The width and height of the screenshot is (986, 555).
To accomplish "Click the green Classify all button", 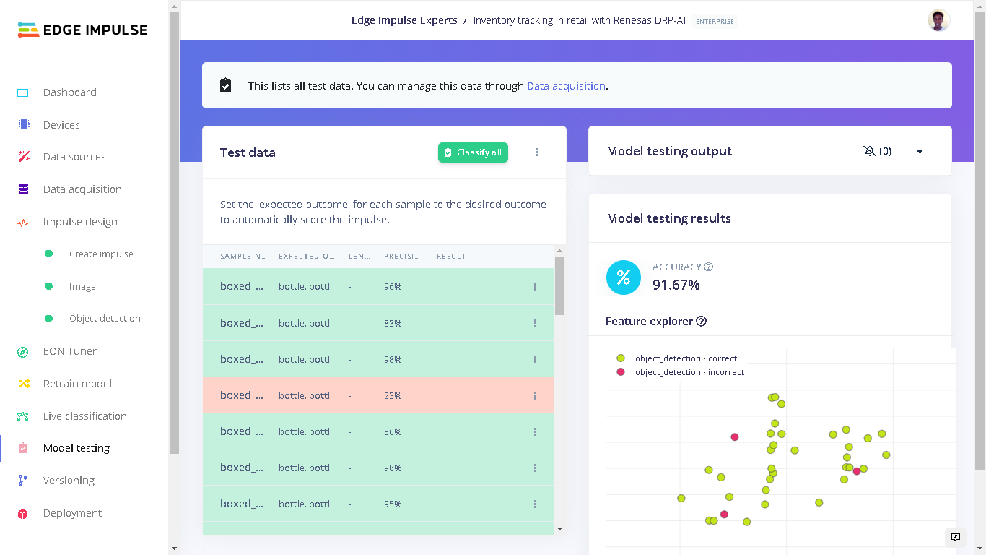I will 473,152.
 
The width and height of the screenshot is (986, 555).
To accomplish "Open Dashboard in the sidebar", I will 69,92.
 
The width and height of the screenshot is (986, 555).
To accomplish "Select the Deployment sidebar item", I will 72,513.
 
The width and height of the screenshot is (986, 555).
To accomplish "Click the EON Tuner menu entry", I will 69,351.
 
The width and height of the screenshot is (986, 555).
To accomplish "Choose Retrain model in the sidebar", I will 77,384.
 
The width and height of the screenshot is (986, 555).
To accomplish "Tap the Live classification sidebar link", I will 84,416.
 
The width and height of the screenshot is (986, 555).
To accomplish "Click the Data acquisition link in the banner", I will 566,86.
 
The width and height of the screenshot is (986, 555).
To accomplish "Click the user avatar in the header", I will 938,20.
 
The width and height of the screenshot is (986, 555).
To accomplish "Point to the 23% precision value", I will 393,396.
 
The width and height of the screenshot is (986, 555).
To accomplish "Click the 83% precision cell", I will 393,324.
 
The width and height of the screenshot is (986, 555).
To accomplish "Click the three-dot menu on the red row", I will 535,395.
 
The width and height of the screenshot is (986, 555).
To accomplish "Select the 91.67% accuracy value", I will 676,285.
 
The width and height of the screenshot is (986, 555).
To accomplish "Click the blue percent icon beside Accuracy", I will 624,277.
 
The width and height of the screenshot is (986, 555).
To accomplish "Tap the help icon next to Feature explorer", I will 701,322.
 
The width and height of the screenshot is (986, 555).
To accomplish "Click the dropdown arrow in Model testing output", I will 920,152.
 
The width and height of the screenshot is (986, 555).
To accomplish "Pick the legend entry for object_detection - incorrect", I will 689,372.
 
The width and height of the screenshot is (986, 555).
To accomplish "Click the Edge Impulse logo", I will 82,30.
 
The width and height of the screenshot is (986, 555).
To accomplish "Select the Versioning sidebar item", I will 69,481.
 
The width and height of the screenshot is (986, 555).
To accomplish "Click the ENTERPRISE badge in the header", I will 715,21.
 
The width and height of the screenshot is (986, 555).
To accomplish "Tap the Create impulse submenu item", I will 101,254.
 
